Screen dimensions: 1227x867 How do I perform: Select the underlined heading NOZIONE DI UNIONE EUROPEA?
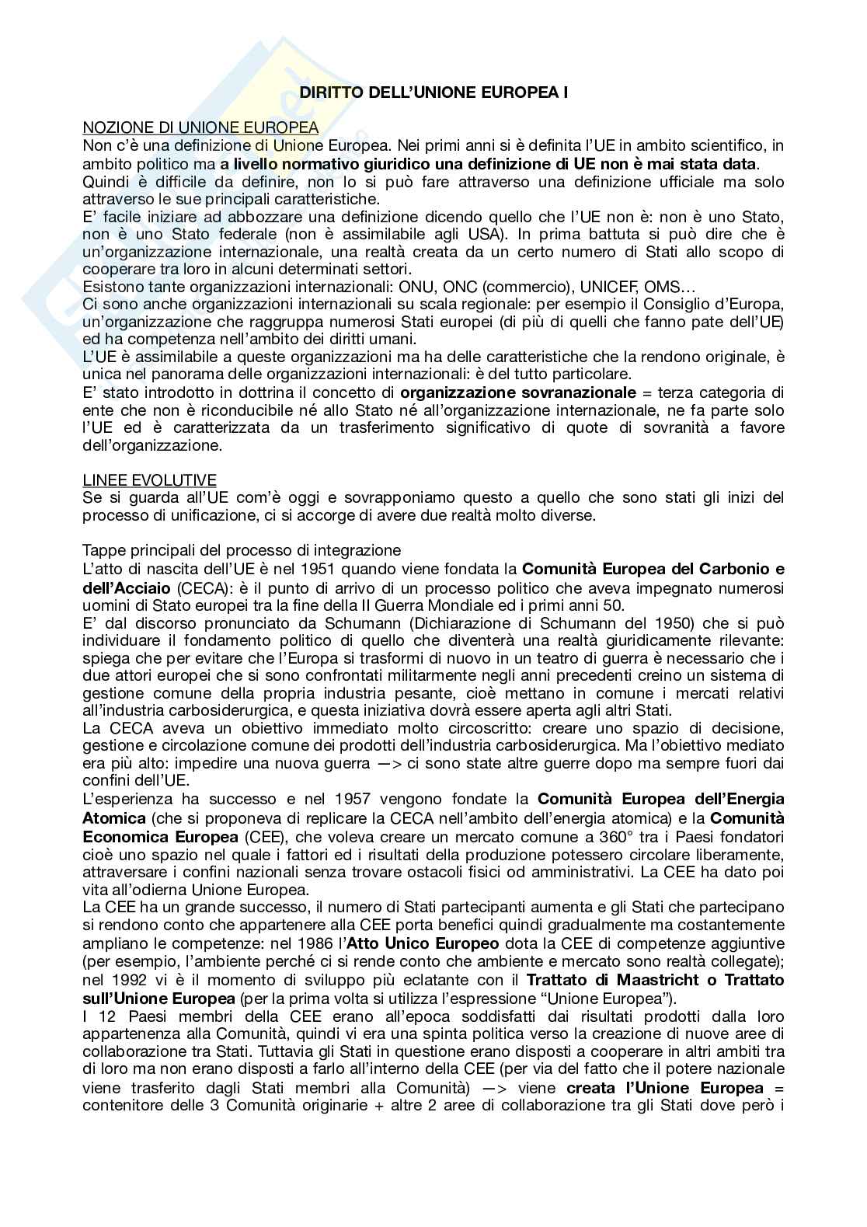click(200, 127)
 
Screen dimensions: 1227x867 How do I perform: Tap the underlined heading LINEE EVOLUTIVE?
click(149, 480)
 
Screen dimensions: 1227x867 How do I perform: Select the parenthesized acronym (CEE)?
click(265, 836)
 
